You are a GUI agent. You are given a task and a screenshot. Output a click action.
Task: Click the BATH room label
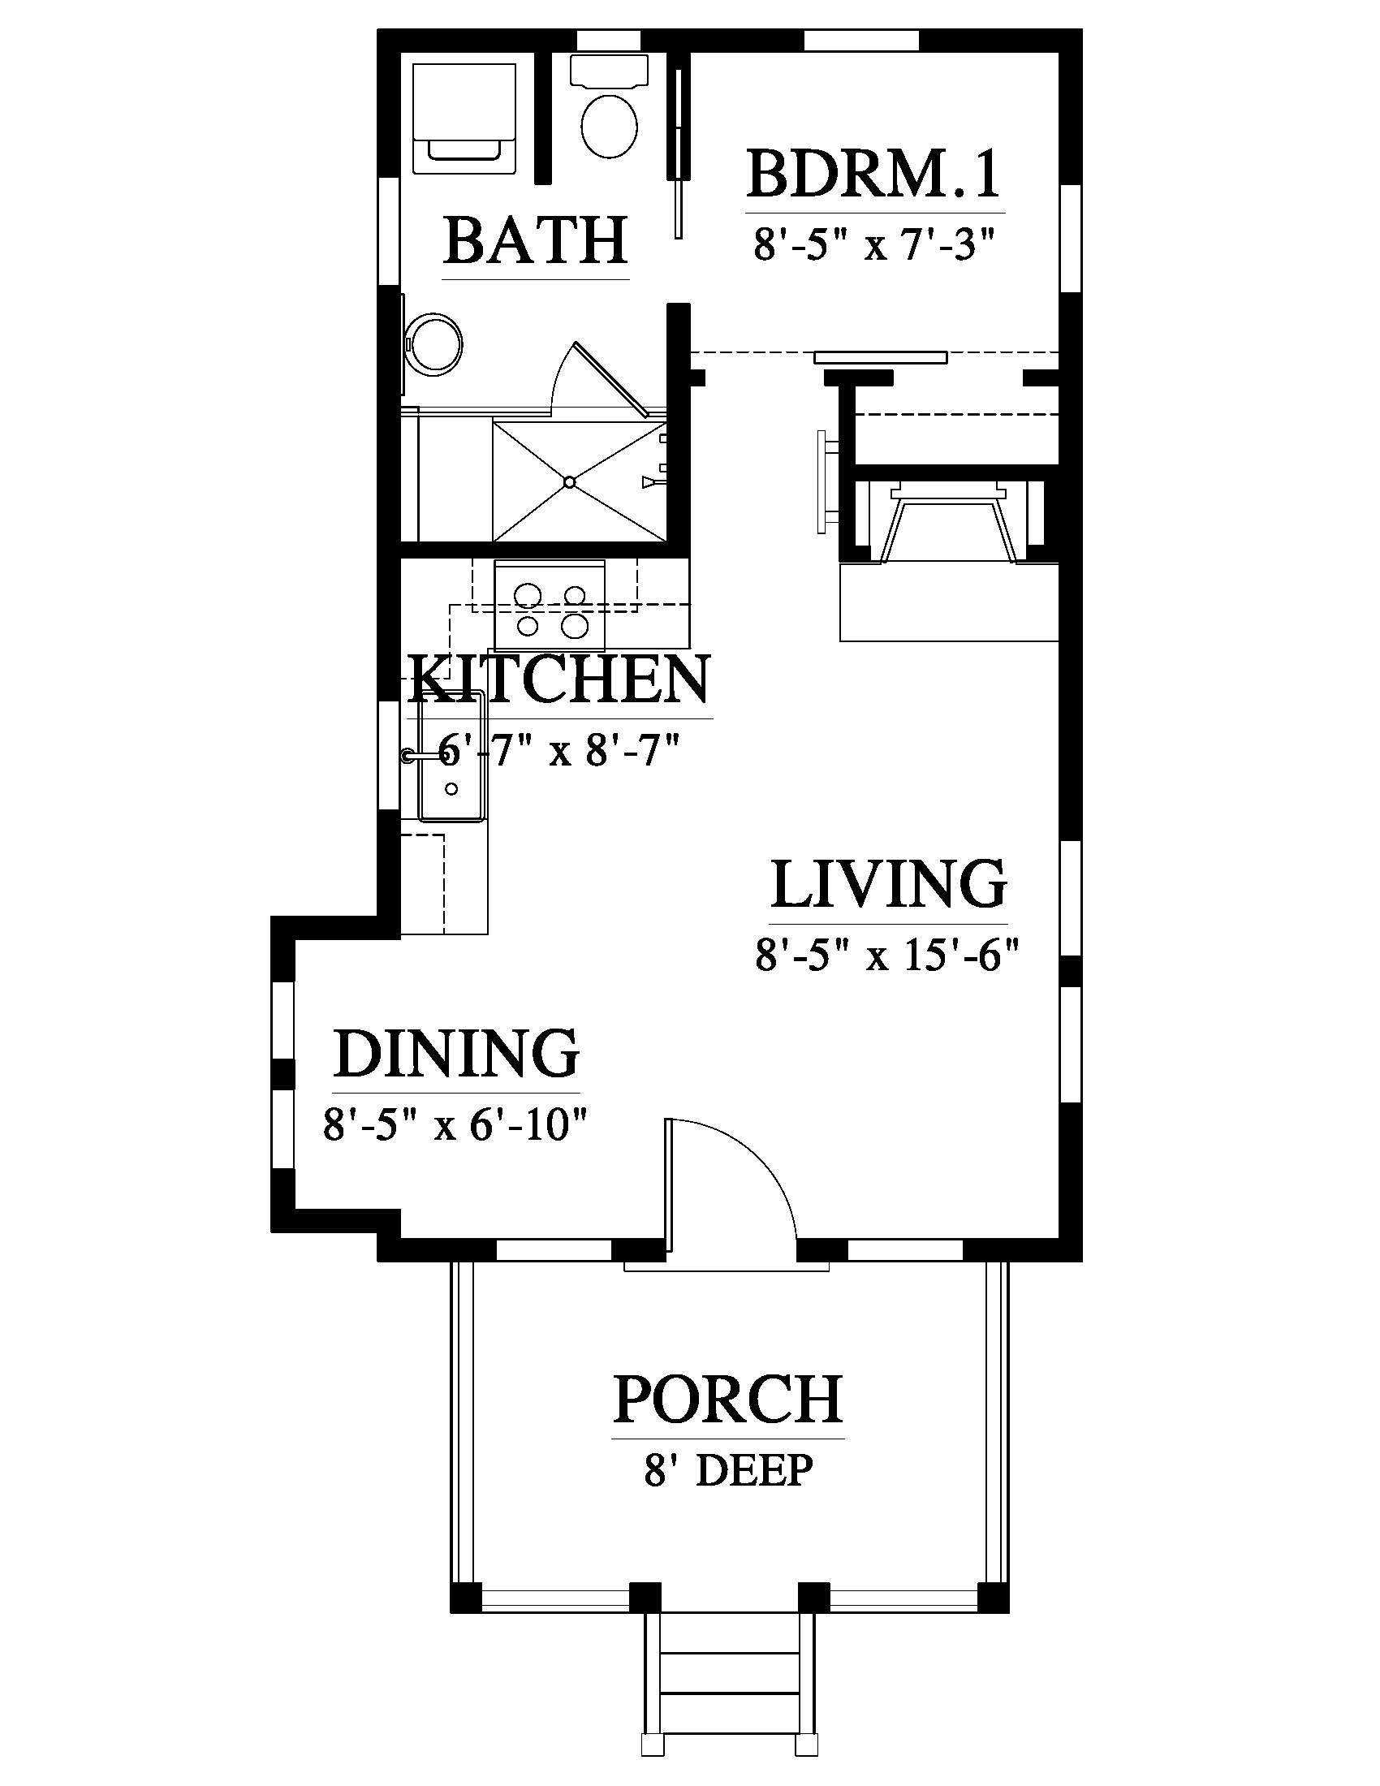coord(536,239)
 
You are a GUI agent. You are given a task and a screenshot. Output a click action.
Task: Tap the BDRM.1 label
coord(874,174)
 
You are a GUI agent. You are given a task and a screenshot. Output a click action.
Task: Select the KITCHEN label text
coord(560,679)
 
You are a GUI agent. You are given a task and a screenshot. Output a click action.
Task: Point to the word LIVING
coord(889,884)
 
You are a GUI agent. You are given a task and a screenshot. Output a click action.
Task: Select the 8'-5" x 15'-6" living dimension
coord(888,954)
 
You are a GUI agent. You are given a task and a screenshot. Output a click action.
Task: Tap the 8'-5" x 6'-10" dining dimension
coord(456,1124)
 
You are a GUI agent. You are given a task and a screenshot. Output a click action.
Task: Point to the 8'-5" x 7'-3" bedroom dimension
coord(874,244)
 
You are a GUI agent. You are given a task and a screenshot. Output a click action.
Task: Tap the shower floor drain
coord(570,482)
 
